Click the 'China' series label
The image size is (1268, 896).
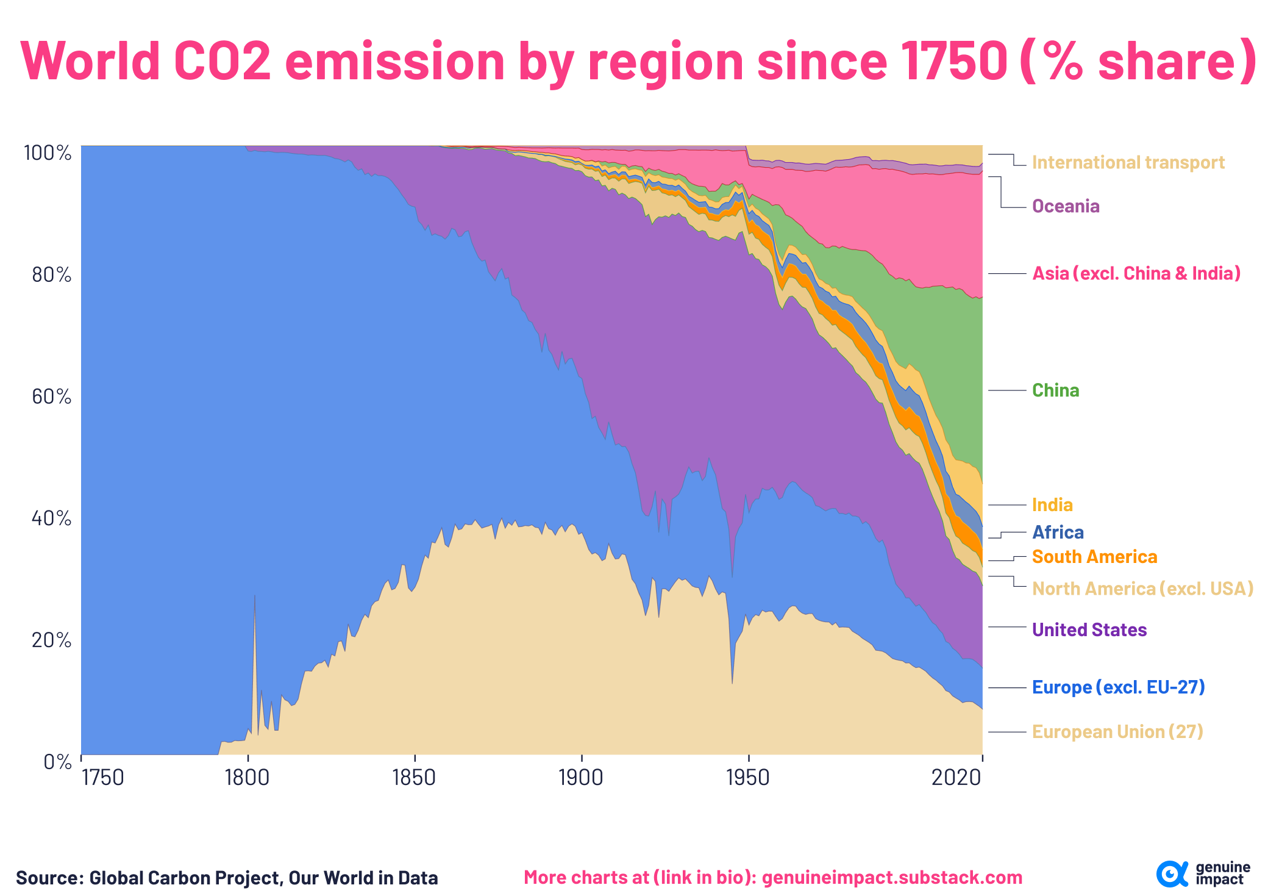tap(1055, 390)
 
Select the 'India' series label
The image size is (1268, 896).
tap(1052, 505)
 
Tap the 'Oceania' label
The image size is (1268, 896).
tap(1066, 206)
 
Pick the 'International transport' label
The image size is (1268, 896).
tap(1128, 162)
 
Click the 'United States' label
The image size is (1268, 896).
tap(1089, 629)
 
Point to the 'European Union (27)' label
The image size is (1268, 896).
tap(1117, 731)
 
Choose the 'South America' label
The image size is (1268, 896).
tap(1094, 557)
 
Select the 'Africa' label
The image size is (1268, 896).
tap(1058, 532)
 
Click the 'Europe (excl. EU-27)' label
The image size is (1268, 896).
tap(1118, 687)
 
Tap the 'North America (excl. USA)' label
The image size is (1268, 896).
tap(1142, 589)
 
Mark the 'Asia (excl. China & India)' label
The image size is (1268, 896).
tap(1136, 273)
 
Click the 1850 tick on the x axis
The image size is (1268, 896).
tap(415, 778)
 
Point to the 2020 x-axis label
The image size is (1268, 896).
tap(956, 778)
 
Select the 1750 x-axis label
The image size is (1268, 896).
tap(102, 778)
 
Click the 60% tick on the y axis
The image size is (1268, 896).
tap(51, 397)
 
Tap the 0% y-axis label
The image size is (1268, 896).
tap(57, 762)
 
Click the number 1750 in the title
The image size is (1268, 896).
tap(953, 61)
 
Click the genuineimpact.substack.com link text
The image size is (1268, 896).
tap(892, 878)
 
